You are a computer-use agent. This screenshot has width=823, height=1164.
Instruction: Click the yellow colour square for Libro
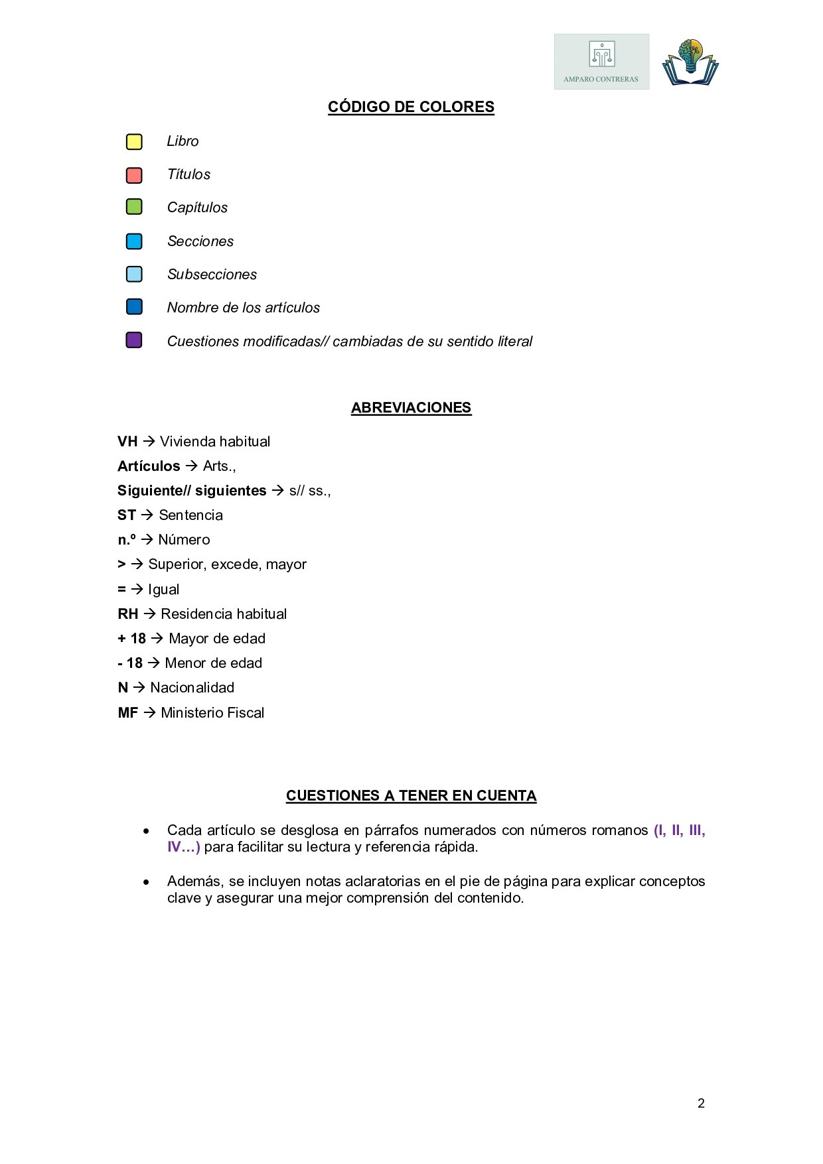tap(134, 142)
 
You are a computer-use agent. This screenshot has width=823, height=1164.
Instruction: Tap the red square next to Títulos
tap(134, 175)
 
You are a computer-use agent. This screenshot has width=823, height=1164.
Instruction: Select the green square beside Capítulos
tap(134, 207)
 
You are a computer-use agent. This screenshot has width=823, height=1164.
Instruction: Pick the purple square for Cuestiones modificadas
tap(134, 340)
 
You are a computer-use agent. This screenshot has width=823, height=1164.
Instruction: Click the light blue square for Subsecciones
tap(134, 274)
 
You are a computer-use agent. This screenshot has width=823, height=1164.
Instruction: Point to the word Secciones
tap(200, 241)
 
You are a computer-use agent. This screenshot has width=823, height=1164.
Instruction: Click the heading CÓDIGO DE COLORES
tap(411, 107)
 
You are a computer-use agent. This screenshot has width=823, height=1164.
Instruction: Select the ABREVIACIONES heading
tap(411, 408)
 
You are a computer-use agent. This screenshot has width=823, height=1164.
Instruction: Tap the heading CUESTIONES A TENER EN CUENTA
tap(411, 796)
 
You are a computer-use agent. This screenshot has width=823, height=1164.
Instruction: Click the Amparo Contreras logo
tap(601, 62)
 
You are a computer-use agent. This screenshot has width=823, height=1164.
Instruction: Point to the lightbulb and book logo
tap(690, 62)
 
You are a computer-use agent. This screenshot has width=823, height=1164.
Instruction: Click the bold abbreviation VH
tap(127, 442)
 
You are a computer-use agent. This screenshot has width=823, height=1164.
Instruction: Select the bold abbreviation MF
tap(128, 713)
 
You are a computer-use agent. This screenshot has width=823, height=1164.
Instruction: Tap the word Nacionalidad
tap(192, 688)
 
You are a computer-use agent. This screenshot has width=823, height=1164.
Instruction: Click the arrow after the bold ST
tap(147, 515)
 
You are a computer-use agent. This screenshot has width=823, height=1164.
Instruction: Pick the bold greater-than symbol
tap(121, 564)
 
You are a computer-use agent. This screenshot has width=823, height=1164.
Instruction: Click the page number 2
tap(701, 1104)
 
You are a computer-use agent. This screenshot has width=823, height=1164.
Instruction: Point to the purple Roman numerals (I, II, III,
tap(679, 830)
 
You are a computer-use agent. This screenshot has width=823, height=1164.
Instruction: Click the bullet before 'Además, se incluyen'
tap(146, 882)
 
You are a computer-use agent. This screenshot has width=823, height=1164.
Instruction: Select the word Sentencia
tap(191, 515)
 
